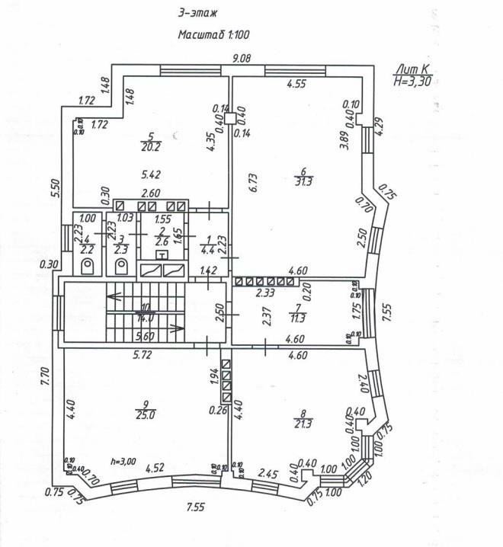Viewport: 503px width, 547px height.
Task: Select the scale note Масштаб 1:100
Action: pyautogui.click(x=214, y=34)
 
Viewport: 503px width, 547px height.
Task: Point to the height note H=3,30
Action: pyautogui.click(x=412, y=81)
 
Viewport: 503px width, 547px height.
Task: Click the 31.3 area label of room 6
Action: pyautogui.click(x=303, y=181)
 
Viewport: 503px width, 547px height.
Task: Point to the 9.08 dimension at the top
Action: pyautogui.click(x=242, y=59)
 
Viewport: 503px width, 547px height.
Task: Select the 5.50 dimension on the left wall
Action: pyautogui.click(x=53, y=188)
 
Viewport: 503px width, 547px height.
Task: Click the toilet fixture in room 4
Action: pyautogui.click(x=88, y=265)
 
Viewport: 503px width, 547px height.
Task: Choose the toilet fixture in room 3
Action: pyautogui.click(x=121, y=265)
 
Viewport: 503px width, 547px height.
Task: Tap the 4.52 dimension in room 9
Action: pyautogui.click(x=157, y=468)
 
